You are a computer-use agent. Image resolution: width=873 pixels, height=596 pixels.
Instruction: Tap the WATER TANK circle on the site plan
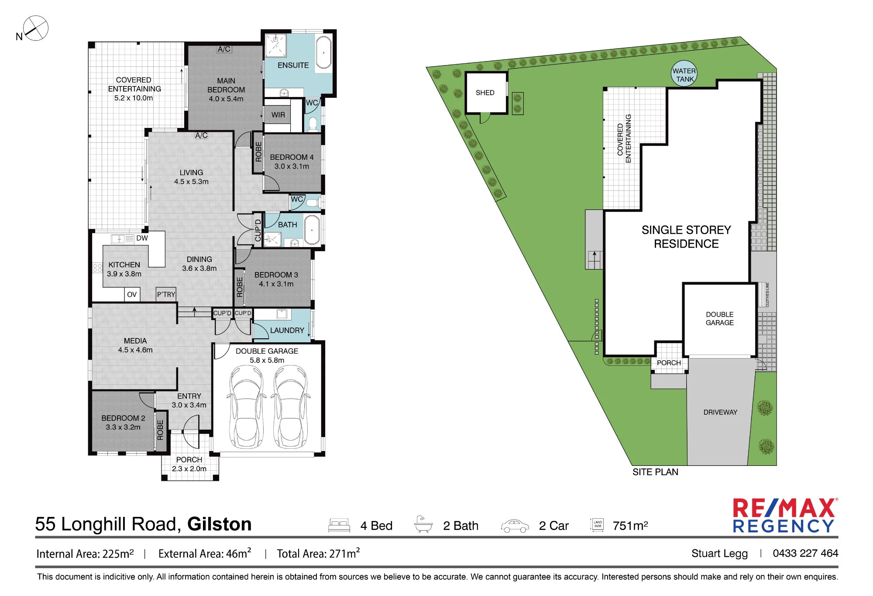[684, 74]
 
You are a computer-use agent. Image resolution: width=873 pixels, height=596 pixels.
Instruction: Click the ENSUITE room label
[293, 65]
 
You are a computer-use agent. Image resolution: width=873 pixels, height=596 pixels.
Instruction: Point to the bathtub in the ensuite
[323, 52]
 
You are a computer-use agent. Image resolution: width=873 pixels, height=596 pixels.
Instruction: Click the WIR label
[278, 115]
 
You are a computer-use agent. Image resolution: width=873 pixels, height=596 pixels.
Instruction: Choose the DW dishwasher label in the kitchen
[142, 238]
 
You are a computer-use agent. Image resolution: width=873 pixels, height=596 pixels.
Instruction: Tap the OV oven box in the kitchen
[132, 294]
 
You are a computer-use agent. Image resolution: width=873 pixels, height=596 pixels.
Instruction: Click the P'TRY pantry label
[166, 295]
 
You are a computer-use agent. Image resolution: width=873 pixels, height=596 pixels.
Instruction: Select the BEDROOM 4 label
[292, 157]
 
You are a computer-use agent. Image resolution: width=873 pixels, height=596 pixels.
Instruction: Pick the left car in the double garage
[246, 407]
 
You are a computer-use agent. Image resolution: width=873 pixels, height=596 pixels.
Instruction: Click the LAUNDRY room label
[287, 331]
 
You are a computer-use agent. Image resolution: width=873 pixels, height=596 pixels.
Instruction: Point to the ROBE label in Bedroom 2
[160, 430]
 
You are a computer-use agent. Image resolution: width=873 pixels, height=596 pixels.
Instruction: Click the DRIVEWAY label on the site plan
[720, 412]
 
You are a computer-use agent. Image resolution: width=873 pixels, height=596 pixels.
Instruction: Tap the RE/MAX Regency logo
[785, 516]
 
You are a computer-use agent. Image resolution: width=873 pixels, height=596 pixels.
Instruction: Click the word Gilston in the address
[220, 524]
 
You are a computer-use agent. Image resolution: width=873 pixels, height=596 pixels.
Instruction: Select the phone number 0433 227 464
[805, 553]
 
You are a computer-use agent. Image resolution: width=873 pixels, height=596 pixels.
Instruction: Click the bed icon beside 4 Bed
[339, 525]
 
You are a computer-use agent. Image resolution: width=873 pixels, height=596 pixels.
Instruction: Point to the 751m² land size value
[630, 525]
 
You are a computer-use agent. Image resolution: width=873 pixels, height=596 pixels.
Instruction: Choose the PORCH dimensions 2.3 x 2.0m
[189, 469]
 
